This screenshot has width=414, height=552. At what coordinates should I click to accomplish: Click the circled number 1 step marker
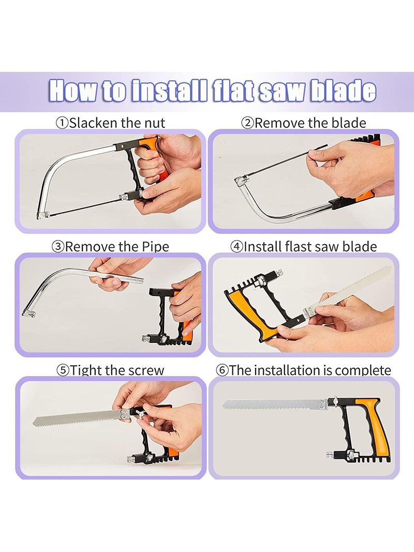coord(62,123)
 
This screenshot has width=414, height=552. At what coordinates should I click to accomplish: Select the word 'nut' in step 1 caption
coord(155,123)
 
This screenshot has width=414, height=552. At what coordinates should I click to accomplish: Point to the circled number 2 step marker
coord(247,123)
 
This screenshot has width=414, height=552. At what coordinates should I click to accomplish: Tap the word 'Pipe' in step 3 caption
coord(155,247)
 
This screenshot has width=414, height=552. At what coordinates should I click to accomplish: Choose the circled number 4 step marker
coord(237,246)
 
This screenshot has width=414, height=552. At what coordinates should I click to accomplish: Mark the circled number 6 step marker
coord(222,370)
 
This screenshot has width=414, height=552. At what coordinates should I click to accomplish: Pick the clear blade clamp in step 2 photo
coord(240,181)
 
